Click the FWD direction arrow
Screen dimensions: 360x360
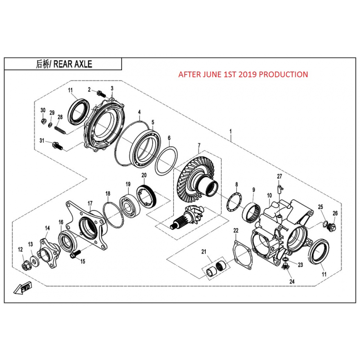pyautogui.click(x=23, y=287)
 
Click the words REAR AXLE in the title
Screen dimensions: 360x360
pyautogui.click(x=73, y=64)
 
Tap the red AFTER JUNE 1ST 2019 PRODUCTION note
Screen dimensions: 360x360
pyautogui.click(x=243, y=74)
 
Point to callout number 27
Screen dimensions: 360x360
pyautogui.click(x=279, y=176)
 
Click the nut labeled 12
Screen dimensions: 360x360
pyautogui.click(x=26, y=266)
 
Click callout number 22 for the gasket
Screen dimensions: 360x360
pyautogui.click(x=236, y=230)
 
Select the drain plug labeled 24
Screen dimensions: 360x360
pyautogui.click(x=285, y=266)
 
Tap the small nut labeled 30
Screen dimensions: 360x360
pyautogui.click(x=43, y=121)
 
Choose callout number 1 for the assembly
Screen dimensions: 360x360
pyautogui.click(x=230, y=131)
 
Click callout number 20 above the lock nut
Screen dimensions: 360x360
pyautogui.click(x=144, y=175)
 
